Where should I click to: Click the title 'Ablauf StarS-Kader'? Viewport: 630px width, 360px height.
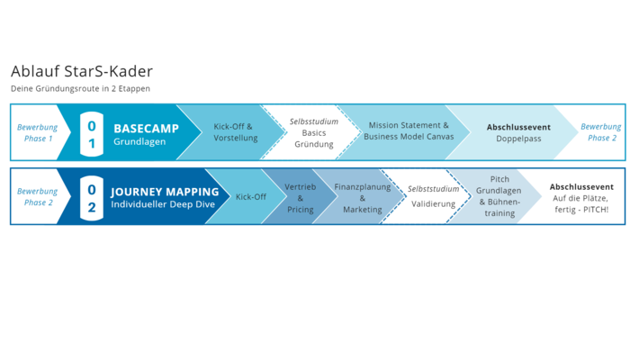tap(82, 71)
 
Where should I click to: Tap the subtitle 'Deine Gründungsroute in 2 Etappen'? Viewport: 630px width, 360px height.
tap(80, 88)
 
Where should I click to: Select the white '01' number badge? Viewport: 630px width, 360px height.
tap(92, 134)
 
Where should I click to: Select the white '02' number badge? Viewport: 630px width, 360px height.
tap(92, 198)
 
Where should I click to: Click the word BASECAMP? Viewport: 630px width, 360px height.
tap(146, 129)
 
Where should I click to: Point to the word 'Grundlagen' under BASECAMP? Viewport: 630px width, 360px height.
tap(139, 141)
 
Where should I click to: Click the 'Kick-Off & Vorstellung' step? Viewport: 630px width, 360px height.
tap(236, 132)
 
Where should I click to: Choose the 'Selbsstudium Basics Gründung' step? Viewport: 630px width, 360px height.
tap(314, 132)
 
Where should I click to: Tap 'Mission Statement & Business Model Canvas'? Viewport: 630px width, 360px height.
tap(409, 131)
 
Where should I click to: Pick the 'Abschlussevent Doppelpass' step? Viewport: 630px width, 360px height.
tap(518, 132)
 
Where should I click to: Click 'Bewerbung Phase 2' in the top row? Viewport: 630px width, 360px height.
tap(601, 132)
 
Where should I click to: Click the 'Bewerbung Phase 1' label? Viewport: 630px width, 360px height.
tap(38, 132)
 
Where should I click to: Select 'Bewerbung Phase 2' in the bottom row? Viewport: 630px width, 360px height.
tap(38, 196)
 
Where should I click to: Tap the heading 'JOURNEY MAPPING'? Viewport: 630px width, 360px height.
tap(165, 192)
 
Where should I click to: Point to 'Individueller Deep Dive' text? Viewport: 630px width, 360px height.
tap(163, 204)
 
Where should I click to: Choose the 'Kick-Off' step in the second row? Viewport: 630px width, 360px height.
tap(251, 197)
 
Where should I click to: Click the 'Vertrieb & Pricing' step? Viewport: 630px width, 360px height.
tap(300, 198)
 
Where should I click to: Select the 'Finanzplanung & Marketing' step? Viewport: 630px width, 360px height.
tap(363, 198)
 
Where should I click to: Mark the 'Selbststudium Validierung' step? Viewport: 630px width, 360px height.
tap(433, 196)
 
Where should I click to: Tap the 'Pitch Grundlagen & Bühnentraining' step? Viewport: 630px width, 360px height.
tap(499, 196)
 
